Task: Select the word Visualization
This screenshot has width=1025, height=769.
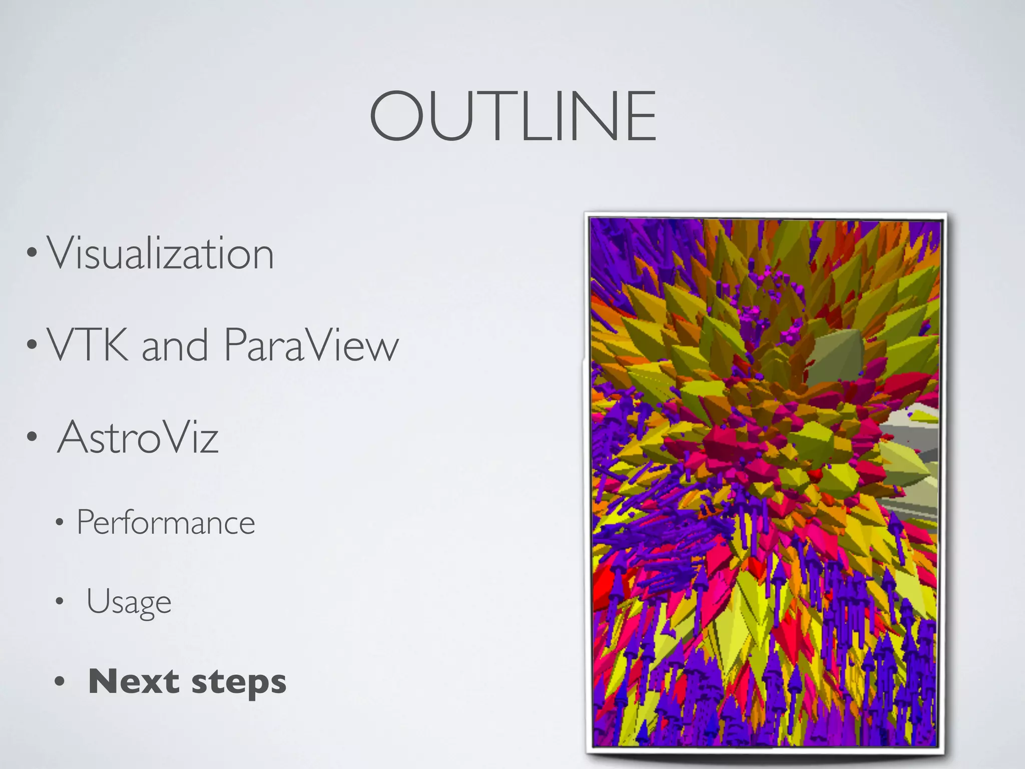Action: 160,253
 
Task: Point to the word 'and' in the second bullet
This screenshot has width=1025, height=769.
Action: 175,345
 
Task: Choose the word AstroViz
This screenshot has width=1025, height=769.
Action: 138,437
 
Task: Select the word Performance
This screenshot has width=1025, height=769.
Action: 166,522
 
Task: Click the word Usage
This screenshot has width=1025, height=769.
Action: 129,602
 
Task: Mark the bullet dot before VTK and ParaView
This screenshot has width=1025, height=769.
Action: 32,345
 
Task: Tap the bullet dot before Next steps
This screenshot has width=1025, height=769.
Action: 60,681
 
